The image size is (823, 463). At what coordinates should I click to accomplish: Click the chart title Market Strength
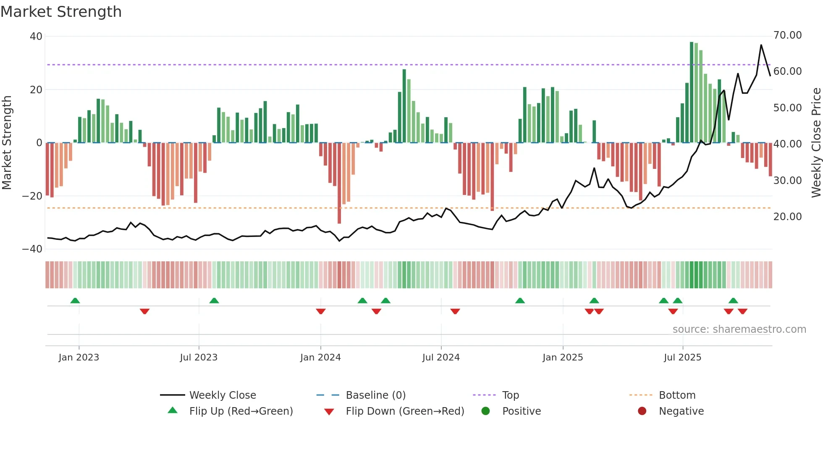[x=61, y=12]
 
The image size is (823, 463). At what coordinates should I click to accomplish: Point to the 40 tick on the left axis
[x=36, y=37]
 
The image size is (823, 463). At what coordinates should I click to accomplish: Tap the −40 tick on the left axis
[x=32, y=249]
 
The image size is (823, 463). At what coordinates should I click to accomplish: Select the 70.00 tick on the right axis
[x=787, y=35]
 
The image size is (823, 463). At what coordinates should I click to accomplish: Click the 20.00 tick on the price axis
[x=787, y=217]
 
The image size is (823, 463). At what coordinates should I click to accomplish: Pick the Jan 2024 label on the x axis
[x=320, y=358]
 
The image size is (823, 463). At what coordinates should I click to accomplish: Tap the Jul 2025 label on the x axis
[x=682, y=358]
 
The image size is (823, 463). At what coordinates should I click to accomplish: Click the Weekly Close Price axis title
[x=816, y=143]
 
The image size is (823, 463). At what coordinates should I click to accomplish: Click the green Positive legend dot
[x=486, y=411]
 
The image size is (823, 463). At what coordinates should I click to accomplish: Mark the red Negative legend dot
[x=642, y=411]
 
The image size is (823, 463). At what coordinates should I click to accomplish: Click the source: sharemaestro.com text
[x=739, y=329]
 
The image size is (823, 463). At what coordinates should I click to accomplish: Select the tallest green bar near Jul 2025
[x=692, y=92]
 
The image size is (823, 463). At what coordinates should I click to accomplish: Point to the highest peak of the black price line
[x=761, y=45]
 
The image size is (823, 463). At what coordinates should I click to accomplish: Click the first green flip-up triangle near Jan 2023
[x=75, y=300]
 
